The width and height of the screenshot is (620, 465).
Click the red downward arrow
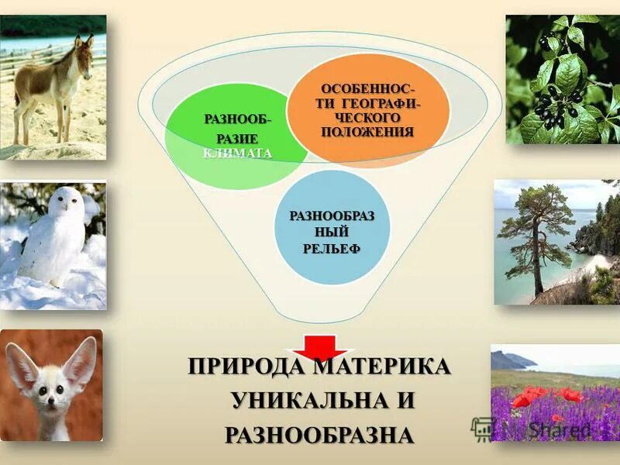[313, 346]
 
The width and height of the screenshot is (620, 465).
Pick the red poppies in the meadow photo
[542, 396]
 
